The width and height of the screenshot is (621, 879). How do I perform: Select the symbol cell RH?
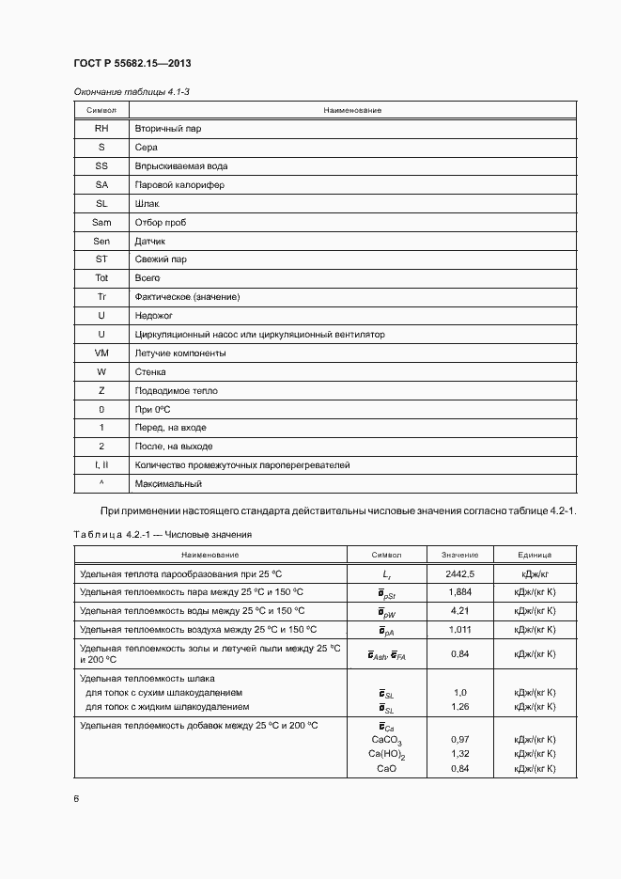(101, 129)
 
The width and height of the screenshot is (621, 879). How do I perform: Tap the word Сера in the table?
(146, 148)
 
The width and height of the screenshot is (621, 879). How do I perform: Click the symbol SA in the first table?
(101, 185)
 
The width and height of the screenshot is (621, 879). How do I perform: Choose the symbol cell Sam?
(101, 222)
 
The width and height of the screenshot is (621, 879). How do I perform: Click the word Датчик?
(150, 241)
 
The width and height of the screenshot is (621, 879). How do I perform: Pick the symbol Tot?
(101, 278)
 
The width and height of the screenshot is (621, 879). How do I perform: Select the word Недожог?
(154, 316)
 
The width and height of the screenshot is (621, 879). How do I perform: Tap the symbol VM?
(101, 353)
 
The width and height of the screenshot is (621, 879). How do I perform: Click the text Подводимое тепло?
(176, 390)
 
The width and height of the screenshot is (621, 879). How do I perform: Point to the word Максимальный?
(168, 484)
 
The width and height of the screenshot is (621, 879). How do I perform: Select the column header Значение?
(459, 555)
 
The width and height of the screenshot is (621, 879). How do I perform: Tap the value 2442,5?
(459, 573)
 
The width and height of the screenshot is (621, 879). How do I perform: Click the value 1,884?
(459, 591)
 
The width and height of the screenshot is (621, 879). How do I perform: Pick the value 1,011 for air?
(459, 629)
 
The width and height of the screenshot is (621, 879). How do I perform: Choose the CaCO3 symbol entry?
(387, 741)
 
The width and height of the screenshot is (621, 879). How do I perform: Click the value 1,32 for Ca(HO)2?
(459, 754)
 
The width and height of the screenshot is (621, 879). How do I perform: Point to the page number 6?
(76, 799)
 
